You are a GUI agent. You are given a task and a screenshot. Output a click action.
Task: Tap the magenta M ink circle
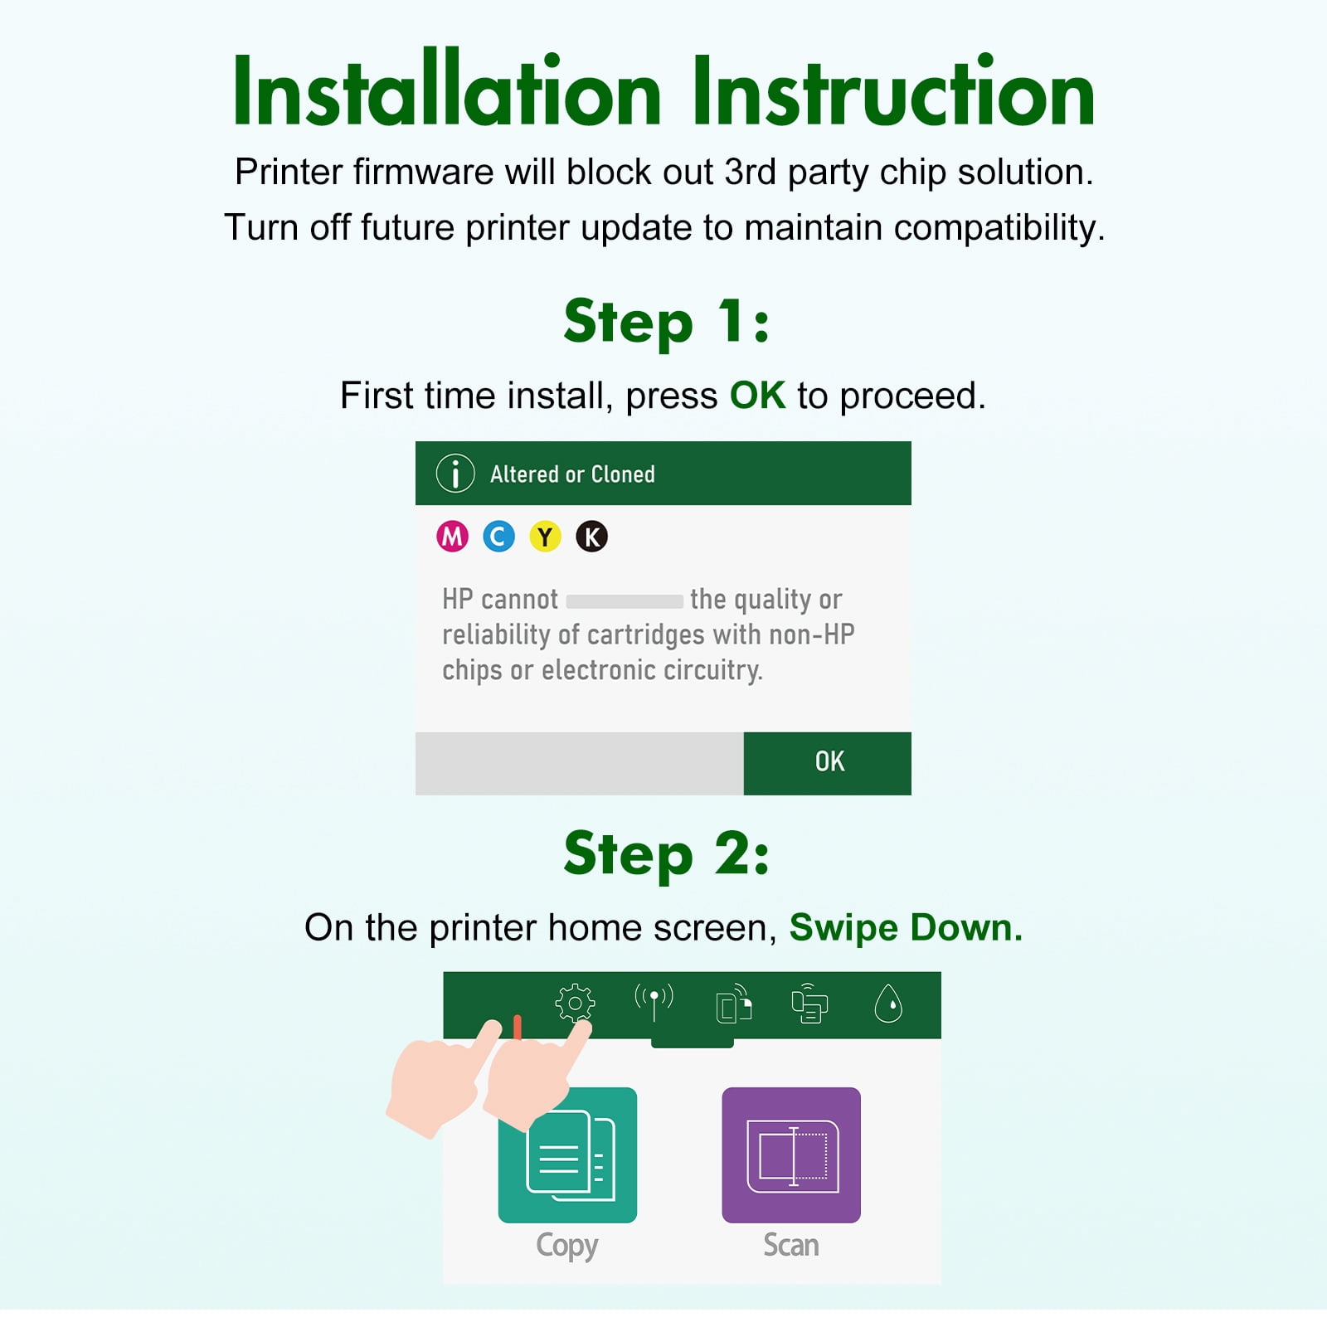[x=452, y=537]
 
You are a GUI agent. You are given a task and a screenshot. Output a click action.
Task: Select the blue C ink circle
[x=498, y=537]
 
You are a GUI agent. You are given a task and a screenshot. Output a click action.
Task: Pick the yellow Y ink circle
[x=545, y=537]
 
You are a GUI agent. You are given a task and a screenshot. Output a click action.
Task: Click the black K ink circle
[x=591, y=537]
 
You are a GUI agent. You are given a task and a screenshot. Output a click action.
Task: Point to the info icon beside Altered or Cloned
[x=455, y=474]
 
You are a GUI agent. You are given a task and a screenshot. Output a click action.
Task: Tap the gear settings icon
[x=575, y=1004]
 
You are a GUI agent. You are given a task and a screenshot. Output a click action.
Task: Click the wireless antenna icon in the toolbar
[x=654, y=1002]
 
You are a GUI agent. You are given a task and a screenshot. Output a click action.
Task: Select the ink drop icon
[x=888, y=1004]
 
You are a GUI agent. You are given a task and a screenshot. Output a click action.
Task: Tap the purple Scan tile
[x=791, y=1154]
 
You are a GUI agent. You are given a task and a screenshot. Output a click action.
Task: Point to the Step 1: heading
[x=667, y=323]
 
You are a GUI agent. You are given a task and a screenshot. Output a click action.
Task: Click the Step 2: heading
[x=667, y=854]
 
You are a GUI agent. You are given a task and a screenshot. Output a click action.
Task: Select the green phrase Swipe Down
[x=906, y=927]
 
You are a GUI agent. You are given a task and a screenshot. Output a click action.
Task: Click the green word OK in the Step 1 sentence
[x=757, y=396]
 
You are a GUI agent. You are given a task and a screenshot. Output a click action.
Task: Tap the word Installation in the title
[x=447, y=90]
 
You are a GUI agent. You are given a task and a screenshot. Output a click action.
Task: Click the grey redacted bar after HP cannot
[x=625, y=600]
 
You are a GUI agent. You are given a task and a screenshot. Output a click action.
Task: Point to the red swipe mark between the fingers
[x=518, y=1027]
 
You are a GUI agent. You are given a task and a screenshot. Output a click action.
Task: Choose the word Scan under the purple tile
[x=791, y=1246]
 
